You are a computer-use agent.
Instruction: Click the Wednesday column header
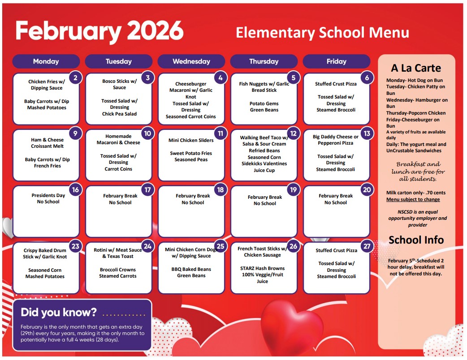[x=191, y=61]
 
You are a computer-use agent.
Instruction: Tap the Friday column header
[x=336, y=61]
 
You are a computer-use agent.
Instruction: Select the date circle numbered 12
[x=293, y=133]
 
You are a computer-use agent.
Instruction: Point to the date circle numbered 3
[x=148, y=78]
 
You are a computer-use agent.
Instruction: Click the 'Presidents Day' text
[x=48, y=195]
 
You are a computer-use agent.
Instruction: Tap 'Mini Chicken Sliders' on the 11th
[x=191, y=140]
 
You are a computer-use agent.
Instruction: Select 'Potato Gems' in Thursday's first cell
[x=264, y=103]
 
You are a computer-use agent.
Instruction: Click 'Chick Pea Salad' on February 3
[x=119, y=114]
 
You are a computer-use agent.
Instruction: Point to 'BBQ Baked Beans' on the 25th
[x=191, y=269]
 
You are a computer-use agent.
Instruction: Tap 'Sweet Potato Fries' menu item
[x=191, y=153]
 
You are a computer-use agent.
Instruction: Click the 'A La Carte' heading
[x=416, y=68]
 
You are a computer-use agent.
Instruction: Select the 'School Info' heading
[x=416, y=240]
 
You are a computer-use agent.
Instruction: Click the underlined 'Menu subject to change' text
[x=413, y=199]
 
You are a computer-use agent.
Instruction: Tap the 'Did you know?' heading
[x=59, y=312]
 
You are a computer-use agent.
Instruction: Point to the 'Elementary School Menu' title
[x=322, y=33]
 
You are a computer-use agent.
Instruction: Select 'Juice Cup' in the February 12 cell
[x=264, y=170]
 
